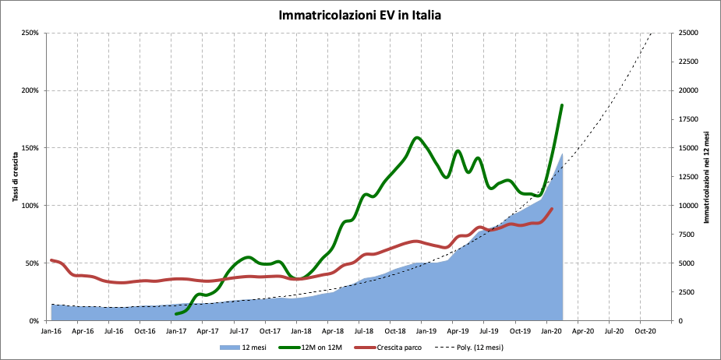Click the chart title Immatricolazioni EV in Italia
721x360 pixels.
pos(360,15)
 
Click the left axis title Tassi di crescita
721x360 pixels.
pos(15,176)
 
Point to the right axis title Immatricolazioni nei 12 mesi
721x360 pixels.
pos(707,176)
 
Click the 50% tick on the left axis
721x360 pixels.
pos(33,263)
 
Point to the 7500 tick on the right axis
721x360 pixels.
pos(690,235)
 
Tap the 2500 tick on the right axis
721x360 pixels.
pos(690,292)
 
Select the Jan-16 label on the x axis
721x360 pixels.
pos(51,330)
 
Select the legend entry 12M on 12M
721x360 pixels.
pos(319,348)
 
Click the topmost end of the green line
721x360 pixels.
pos(562,105)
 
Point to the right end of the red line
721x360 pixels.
pos(552,209)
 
